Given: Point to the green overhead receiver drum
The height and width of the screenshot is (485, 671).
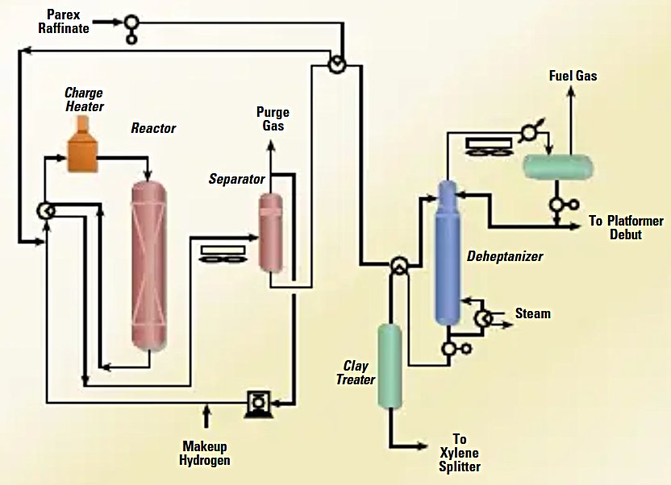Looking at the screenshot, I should tap(557, 166).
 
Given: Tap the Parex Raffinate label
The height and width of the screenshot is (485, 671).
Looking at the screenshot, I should tap(67, 22).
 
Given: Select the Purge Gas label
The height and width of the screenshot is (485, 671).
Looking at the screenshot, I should tap(272, 118).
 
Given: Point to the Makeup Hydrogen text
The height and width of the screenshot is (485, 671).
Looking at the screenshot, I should tap(205, 454).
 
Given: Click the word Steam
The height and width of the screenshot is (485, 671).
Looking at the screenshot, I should tap(532, 313).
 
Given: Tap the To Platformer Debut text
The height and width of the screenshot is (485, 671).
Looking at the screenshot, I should tap(625, 227).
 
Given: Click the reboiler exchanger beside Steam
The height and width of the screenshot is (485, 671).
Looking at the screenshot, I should tap(482, 317).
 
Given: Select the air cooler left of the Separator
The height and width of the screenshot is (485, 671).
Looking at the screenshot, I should tap(218, 254).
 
